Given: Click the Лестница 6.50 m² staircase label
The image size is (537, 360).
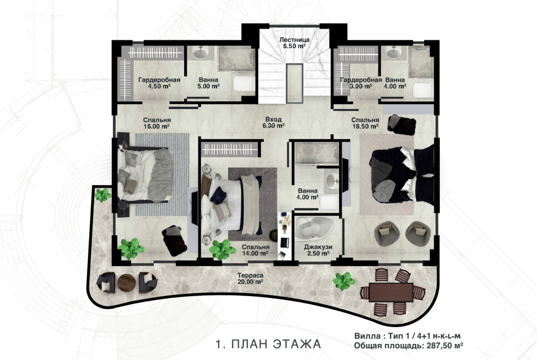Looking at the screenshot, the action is (x=294, y=43).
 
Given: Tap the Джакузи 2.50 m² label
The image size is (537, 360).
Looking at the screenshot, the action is (x=318, y=250).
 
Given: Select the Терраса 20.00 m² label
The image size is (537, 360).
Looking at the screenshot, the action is (x=250, y=278).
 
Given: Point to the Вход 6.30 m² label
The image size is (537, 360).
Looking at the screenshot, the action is (x=273, y=122).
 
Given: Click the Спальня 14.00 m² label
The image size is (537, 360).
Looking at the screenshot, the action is (x=255, y=250).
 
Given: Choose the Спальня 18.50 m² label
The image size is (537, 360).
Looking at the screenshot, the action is (x=365, y=123).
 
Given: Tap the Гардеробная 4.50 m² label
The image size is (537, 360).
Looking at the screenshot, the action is (x=159, y=83).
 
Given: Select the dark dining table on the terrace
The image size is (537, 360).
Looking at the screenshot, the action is (x=391, y=292).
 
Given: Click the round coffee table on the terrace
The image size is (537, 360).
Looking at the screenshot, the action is (x=127, y=282).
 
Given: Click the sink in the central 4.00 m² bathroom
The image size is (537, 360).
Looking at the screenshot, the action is (x=331, y=181).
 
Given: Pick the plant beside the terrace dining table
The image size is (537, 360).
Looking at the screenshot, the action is (x=344, y=281).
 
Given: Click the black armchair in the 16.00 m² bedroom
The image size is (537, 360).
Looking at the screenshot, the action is (x=174, y=240).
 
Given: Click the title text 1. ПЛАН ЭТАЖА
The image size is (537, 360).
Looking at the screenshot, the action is (x=268, y=343).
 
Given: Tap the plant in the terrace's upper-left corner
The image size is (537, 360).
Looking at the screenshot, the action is (x=103, y=195).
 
